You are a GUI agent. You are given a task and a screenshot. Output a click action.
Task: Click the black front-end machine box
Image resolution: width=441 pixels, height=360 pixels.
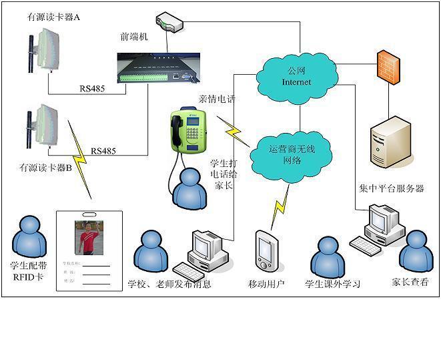(x=153, y=69)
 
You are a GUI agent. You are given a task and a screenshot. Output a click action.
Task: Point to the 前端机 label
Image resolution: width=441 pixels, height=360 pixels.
(x=133, y=37)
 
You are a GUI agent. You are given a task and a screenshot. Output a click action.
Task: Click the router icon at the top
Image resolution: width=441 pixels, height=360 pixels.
(x=168, y=23)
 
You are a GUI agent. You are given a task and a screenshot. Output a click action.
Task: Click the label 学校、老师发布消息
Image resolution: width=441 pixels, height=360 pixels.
(x=169, y=284)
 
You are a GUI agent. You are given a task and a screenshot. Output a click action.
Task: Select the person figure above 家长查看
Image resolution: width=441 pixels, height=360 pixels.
(x=416, y=250)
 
